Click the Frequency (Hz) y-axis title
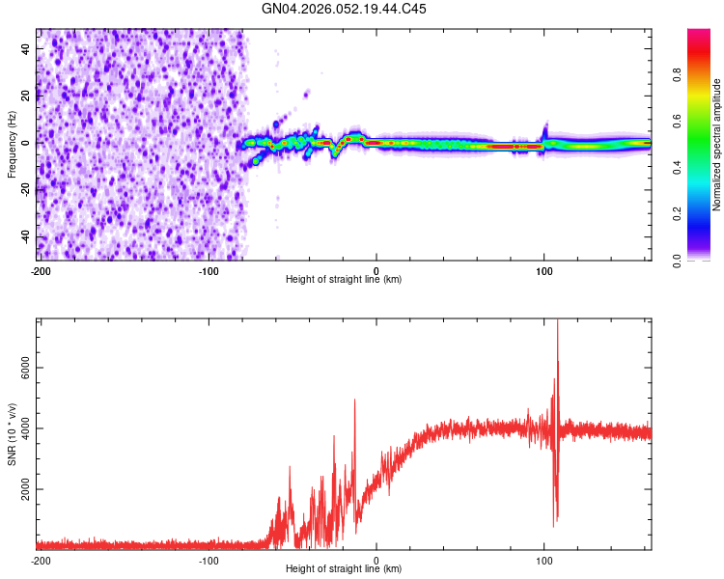[12, 144]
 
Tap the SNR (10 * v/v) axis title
[12, 433]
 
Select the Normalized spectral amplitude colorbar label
[717, 145]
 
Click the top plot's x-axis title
[344, 280]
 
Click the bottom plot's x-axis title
[344, 569]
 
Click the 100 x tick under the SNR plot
[544, 560]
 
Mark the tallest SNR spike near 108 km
[557, 322]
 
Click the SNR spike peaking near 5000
[354, 400]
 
